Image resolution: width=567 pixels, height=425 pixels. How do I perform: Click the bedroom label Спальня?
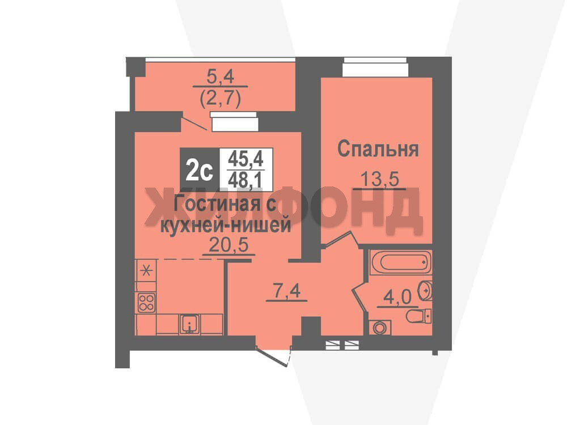(x=378, y=149)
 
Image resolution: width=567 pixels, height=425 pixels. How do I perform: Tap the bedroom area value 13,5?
(x=379, y=178)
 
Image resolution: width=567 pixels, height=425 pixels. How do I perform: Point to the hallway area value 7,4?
(x=287, y=291)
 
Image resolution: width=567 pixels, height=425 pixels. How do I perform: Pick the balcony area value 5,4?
(x=220, y=76)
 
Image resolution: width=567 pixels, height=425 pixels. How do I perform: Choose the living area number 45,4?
(x=246, y=158)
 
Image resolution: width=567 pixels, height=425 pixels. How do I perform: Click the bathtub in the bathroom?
(x=400, y=262)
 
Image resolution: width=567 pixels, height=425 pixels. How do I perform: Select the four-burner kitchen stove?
(x=146, y=303)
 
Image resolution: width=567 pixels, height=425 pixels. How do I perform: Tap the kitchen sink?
(x=189, y=324)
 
